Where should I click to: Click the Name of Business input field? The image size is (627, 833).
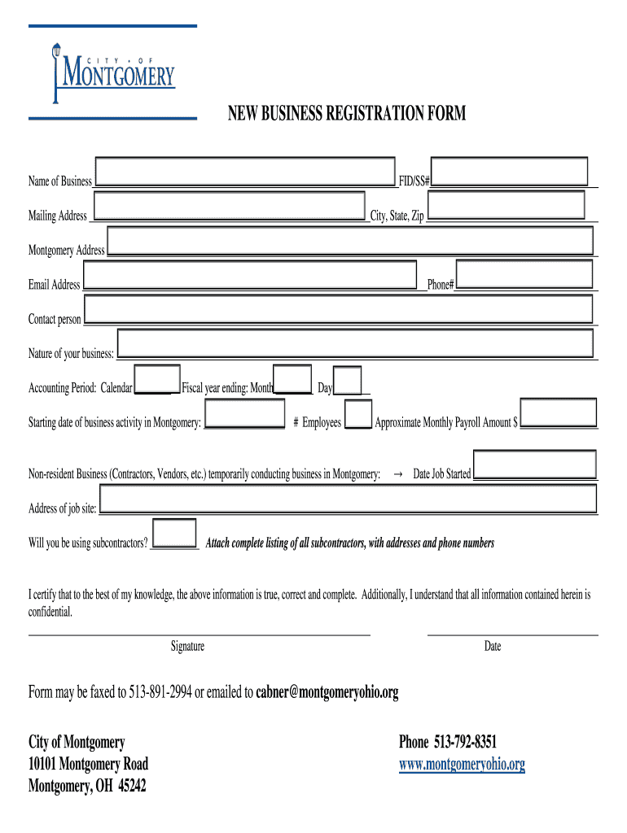coord(245,172)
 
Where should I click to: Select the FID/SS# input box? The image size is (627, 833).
coord(509,172)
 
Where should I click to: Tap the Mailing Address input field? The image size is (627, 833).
coord(229,206)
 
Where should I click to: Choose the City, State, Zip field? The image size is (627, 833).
coord(506,205)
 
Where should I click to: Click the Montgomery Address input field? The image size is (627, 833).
coord(350,241)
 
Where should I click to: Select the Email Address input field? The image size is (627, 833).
coord(250,275)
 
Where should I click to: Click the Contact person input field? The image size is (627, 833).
coord(338,309)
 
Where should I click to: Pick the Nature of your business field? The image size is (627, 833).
coord(355,343)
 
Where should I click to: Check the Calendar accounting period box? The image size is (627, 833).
coord(157,379)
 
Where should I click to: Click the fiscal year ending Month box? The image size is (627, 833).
coord(293,380)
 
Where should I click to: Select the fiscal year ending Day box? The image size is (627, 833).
coord(348,381)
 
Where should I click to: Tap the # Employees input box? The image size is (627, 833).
coord(358,414)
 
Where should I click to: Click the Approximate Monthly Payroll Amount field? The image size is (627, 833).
coord(558,413)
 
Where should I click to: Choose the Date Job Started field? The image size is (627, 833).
coord(535,465)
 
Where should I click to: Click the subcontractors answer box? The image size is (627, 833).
coord(175,534)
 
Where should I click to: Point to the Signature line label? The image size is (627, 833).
coord(187,647)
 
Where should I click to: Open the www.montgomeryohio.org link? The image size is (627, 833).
coord(462,765)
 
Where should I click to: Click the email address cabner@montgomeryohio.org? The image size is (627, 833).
coord(327,693)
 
